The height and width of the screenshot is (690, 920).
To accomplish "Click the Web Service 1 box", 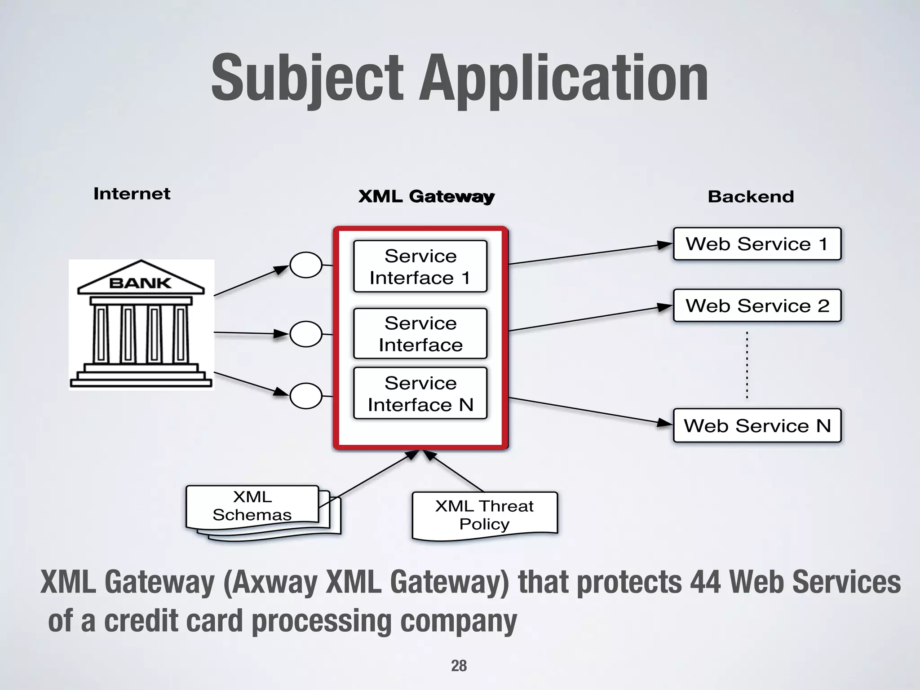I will click(x=757, y=244).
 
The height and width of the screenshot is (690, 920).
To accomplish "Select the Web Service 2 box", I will click(x=757, y=305).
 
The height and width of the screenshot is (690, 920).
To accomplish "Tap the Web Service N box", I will click(x=757, y=425).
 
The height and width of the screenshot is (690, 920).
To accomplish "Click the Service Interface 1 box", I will click(x=420, y=266).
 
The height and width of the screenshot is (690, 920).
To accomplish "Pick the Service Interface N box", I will click(x=420, y=394).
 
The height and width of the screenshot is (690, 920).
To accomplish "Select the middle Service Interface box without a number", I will click(x=420, y=333).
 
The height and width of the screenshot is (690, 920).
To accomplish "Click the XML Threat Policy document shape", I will click(x=484, y=515).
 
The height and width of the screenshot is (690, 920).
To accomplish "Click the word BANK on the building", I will click(x=140, y=283).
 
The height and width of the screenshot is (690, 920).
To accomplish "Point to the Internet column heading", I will click(x=132, y=194).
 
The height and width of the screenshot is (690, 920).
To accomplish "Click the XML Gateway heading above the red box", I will click(x=426, y=197).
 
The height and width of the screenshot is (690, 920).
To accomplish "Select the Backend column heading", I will click(x=751, y=197).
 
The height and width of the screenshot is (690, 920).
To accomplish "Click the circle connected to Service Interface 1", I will click(x=306, y=265).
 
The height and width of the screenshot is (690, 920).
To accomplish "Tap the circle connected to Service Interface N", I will click(x=306, y=396).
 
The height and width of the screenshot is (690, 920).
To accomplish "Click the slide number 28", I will click(x=459, y=666).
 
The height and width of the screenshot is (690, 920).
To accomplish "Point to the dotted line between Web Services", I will click(x=747, y=365).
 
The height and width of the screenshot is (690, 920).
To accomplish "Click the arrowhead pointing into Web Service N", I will click(x=664, y=423).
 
